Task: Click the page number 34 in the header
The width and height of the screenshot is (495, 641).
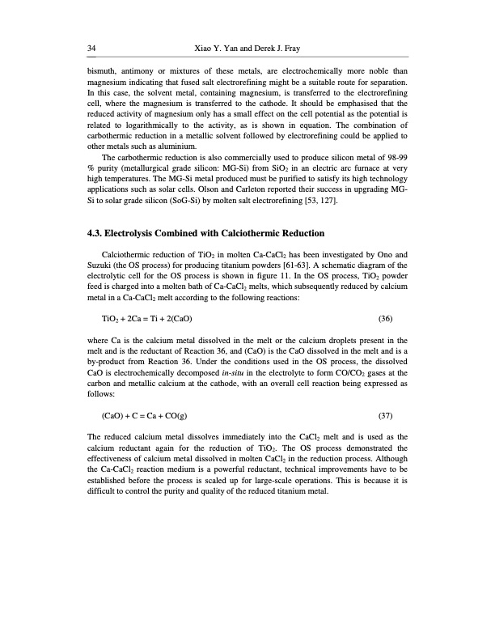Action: (x=91, y=49)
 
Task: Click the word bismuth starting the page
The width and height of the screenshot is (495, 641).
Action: (x=100, y=71)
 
